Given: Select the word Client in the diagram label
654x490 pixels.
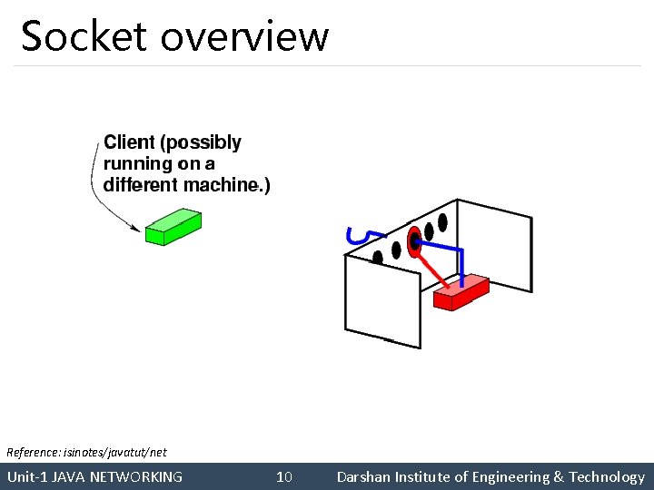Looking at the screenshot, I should tap(131, 142).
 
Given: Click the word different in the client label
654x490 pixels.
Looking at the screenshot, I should tap(143, 185).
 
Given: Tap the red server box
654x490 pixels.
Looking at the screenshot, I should tap(461, 291).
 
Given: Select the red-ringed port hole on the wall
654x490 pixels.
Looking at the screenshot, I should tap(415, 240).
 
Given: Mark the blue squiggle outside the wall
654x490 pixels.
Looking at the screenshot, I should tap(358, 235).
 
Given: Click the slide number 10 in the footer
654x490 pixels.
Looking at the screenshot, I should tap(284, 477).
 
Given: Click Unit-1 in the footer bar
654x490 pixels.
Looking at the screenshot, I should tap(27, 477).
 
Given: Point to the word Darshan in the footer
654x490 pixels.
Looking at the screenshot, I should tap(362, 477).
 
